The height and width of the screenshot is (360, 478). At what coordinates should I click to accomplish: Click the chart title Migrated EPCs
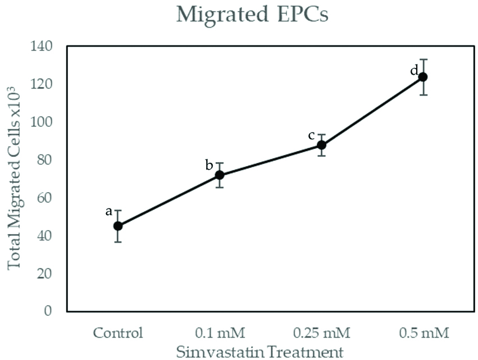click(x=252, y=15)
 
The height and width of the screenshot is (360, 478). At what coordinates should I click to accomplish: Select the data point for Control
click(x=118, y=226)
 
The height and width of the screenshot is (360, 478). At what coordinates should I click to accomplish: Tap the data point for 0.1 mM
click(x=220, y=175)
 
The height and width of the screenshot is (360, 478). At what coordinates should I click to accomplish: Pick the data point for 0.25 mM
click(x=321, y=145)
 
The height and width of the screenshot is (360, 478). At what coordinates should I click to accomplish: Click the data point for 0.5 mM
click(x=423, y=77)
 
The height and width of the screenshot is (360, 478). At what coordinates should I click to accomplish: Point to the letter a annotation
click(x=109, y=212)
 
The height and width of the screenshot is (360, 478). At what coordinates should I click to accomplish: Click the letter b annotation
click(x=209, y=165)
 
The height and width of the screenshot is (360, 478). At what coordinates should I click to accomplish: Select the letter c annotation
click(x=311, y=135)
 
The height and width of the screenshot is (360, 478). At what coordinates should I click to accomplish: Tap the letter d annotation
click(x=414, y=71)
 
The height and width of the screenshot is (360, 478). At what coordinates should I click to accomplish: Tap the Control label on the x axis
click(x=118, y=333)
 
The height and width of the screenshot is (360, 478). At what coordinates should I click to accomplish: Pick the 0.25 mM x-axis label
click(x=321, y=333)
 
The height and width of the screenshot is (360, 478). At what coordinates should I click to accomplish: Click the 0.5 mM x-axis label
click(x=424, y=333)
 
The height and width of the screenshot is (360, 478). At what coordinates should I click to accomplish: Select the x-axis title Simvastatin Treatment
click(x=259, y=352)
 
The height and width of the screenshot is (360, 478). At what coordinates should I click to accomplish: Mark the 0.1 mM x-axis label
click(x=220, y=333)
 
